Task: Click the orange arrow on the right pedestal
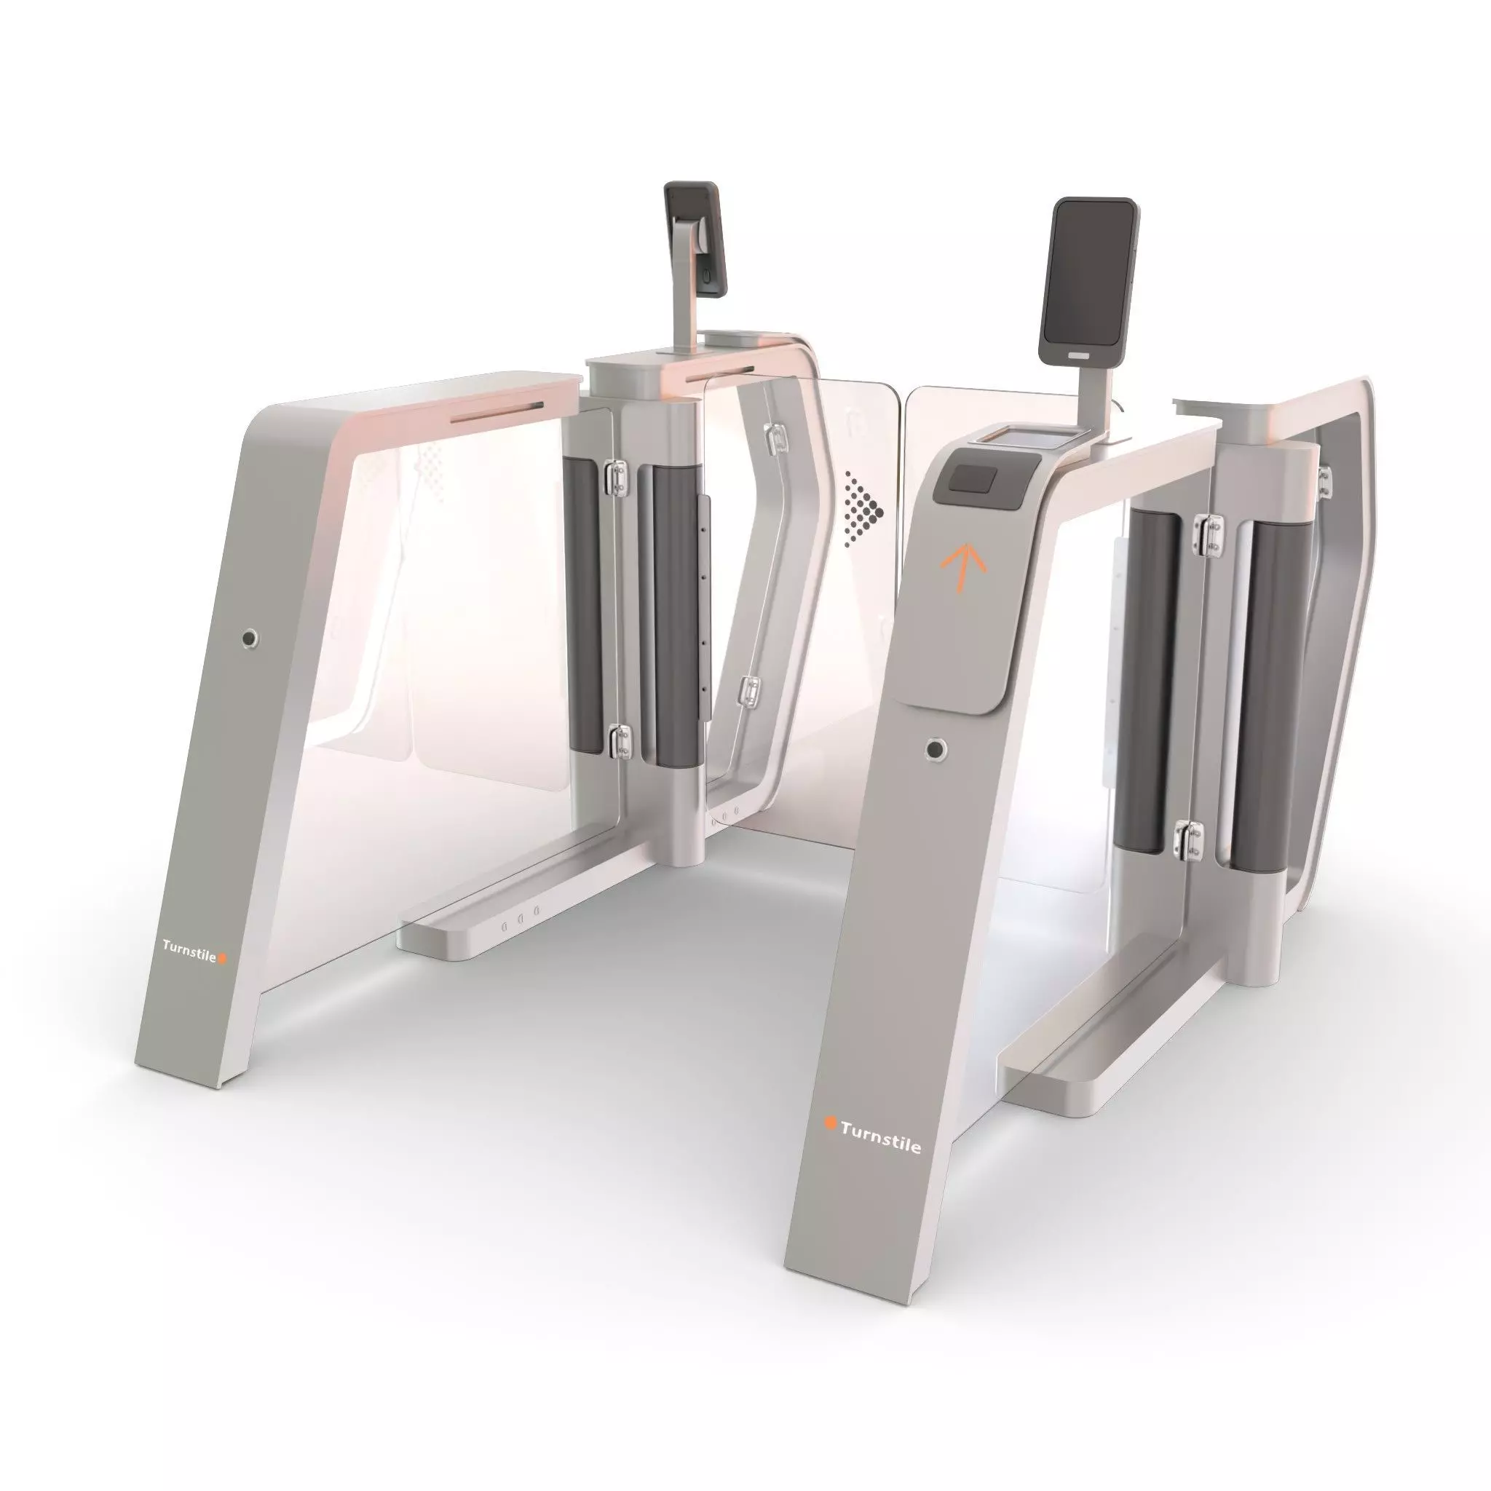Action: click(x=963, y=567)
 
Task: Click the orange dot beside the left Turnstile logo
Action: click(x=223, y=959)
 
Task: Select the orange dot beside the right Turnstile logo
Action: click(x=831, y=1123)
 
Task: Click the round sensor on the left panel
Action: click(x=249, y=638)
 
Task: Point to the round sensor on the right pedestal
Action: click(x=936, y=748)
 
